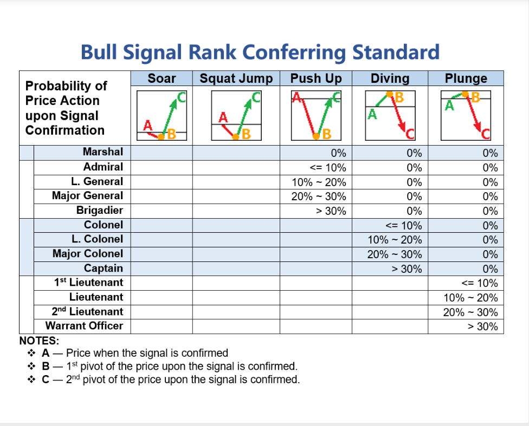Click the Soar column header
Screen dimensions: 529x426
[x=162, y=78]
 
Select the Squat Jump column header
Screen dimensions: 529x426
[x=236, y=78]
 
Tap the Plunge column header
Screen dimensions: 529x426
[x=466, y=78]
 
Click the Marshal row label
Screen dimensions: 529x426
[x=103, y=152]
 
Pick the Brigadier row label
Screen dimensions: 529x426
[x=100, y=211]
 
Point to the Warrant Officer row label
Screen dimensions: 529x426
[x=85, y=326]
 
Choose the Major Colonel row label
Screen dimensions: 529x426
[x=88, y=254]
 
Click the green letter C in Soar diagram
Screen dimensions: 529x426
[x=182, y=97]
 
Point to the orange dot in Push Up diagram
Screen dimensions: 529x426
[x=316, y=136]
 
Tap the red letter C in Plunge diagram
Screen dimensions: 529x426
[x=486, y=134]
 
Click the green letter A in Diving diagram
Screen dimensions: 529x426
[x=372, y=115]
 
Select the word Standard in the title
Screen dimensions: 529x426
[x=396, y=53]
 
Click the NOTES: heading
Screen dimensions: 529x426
[x=39, y=340]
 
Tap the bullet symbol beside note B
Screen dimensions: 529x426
[x=31, y=366]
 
